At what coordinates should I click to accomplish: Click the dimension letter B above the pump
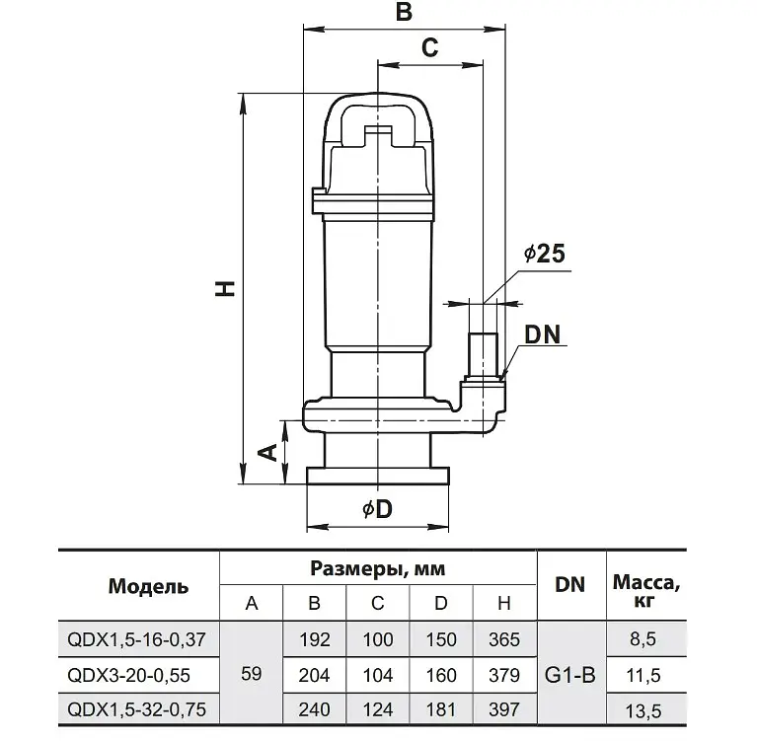pos(404,12)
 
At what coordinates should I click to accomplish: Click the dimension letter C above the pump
pos(429,47)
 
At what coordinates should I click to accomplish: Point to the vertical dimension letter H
pos(225,288)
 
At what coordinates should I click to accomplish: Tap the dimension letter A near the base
pos(268,452)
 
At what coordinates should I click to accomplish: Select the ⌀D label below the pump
pos(377,509)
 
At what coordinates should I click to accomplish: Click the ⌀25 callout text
pos(545,254)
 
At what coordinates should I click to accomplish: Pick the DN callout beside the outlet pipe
pos(543,334)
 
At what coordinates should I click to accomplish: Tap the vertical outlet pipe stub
pos(484,355)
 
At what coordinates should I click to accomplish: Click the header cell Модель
pos(148,586)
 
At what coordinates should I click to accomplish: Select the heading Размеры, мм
pos(378,568)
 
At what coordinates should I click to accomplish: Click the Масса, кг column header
pos(645,591)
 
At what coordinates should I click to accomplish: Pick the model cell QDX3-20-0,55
pos(129,675)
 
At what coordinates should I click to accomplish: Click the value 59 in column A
pos(251,674)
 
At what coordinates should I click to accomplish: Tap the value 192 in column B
pos(315,639)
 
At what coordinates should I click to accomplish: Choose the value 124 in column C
pos(378,709)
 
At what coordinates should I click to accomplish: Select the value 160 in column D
pos(441,675)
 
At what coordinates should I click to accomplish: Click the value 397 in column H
pos(504,709)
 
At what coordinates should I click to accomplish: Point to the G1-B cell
pos(570,675)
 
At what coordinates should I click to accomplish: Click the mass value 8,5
pos(643,639)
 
